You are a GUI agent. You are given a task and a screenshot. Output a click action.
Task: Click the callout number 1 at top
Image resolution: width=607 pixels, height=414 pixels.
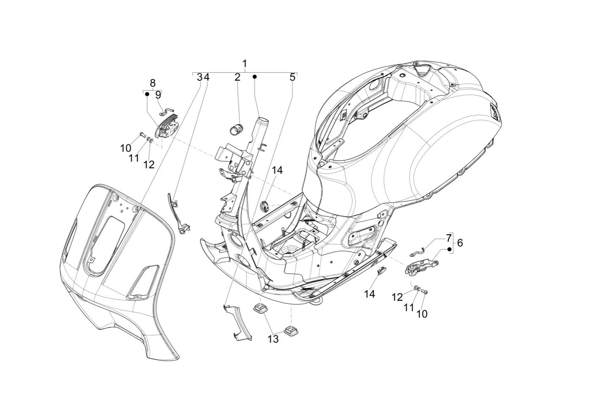[x=244, y=64]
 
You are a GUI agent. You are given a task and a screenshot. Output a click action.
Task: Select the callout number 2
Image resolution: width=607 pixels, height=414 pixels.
[x=237, y=77]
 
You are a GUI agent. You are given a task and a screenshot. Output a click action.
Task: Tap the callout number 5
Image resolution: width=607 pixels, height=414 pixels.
[x=292, y=77]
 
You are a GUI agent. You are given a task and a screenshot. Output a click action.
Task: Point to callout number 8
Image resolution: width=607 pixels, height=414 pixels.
[x=152, y=83]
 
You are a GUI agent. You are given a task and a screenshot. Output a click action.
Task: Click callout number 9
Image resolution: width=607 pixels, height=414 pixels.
[x=158, y=95]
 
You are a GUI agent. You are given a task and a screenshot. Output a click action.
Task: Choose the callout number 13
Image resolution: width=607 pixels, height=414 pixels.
[x=273, y=339]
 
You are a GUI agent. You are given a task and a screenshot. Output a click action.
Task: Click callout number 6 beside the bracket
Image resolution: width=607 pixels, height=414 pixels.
[x=460, y=243]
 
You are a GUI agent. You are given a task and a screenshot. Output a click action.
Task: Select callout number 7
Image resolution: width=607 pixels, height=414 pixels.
[x=449, y=238]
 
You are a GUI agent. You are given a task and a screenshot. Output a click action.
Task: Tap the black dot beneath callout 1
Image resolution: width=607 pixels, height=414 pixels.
[x=254, y=77]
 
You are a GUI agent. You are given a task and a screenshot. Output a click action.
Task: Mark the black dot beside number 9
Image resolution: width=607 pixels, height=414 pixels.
[x=147, y=94]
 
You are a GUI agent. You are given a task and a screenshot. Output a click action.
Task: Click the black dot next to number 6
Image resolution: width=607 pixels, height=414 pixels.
[x=449, y=249]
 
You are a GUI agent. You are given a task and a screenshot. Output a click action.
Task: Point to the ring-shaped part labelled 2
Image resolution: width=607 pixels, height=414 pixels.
[x=235, y=129]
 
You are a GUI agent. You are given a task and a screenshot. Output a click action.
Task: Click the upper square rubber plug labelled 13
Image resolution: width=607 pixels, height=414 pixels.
[x=259, y=308]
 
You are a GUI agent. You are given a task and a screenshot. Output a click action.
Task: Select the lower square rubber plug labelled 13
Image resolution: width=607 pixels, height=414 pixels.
[x=290, y=330]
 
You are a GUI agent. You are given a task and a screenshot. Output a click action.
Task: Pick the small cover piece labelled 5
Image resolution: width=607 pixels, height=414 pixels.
[x=237, y=323]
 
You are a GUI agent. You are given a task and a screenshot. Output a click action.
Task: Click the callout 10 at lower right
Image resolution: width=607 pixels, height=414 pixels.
[x=422, y=314]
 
